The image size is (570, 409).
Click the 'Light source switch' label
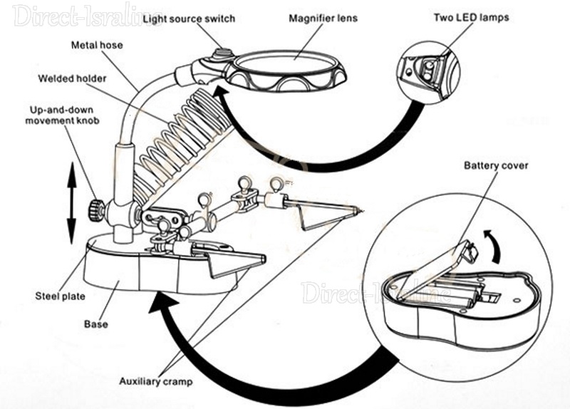188,18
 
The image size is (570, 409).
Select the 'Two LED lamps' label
471,16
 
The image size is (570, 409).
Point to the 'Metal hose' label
97,45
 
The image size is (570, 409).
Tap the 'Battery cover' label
496,166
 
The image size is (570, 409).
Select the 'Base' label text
96,324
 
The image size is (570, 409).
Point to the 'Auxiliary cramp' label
156,382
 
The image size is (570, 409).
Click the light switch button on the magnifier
223,53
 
